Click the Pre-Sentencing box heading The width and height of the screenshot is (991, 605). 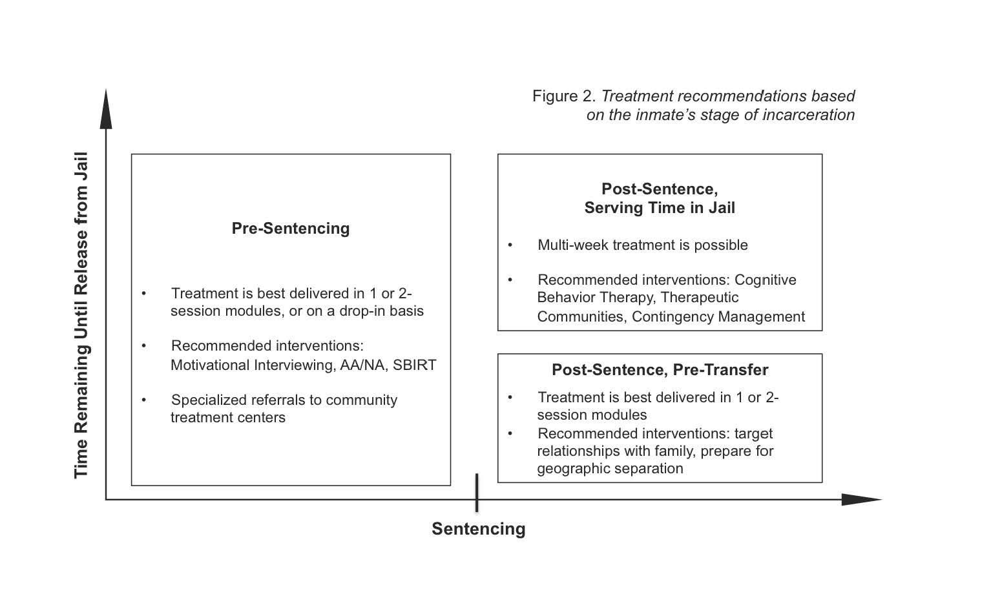pyautogui.click(x=291, y=229)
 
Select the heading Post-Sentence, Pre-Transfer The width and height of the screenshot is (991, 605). pyautogui.click(x=660, y=370)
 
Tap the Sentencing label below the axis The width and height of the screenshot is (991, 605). pyautogui.click(x=479, y=529)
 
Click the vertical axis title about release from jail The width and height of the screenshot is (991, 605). pyautogui.click(x=81, y=315)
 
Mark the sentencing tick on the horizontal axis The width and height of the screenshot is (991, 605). pyautogui.click(x=477, y=493)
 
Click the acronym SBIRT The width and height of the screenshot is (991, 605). pyautogui.click(x=414, y=365)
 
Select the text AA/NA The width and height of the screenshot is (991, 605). pyautogui.click(x=362, y=365)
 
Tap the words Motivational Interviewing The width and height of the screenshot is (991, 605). pyautogui.click(x=253, y=365)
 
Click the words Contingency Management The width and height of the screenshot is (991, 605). pyautogui.click(x=718, y=316)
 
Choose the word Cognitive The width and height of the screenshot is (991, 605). pyautogui.click(x=765, y=280)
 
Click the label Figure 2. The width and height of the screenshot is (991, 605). pyautogui.click(x=564, y=96)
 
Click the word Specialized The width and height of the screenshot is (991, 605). pyautogui.click(x=209, y=400)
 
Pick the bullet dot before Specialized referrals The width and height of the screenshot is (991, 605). pyautogui.click(x=144, y=400)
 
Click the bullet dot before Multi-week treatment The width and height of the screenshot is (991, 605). pyautogui.click(x=510, y=245)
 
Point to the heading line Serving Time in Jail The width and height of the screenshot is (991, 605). pyautogui.click(x=660, y=208)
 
